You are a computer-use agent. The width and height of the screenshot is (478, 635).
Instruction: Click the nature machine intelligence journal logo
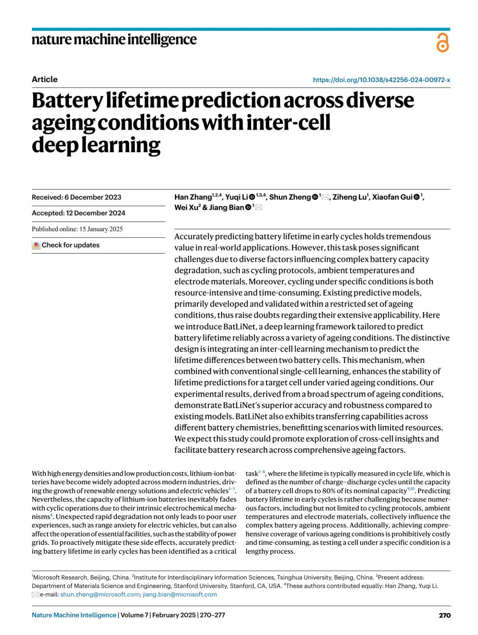coord(114,39)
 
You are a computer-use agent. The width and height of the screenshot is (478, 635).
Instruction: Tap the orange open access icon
coord(443,43)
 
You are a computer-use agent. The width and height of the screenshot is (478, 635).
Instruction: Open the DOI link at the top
coord(381,80)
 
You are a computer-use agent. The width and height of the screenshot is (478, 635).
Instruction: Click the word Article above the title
coord(45,79)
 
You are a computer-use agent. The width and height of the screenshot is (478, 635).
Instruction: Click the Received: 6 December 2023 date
coord(76,197)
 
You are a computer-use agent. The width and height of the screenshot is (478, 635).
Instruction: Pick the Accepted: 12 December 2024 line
coord(78,213)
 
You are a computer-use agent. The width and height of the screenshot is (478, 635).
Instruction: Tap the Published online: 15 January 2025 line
coord(77,229)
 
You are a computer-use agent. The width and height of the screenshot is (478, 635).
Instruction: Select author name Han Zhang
coord(193,197)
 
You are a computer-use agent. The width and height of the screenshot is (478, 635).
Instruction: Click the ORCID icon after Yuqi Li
coord(252,197)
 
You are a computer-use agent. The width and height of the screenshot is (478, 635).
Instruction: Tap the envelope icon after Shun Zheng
coord(325,197)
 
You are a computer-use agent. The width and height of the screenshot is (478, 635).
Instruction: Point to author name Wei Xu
coord(186,208)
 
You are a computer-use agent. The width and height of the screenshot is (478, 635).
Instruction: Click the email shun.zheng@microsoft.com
coord(100,594)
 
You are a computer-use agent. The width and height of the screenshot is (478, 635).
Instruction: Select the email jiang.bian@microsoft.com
coord(180,594)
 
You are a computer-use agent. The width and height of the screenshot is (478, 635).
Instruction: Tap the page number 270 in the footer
coord(445,615)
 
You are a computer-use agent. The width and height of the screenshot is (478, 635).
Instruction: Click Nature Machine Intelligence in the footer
coord(74,615)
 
